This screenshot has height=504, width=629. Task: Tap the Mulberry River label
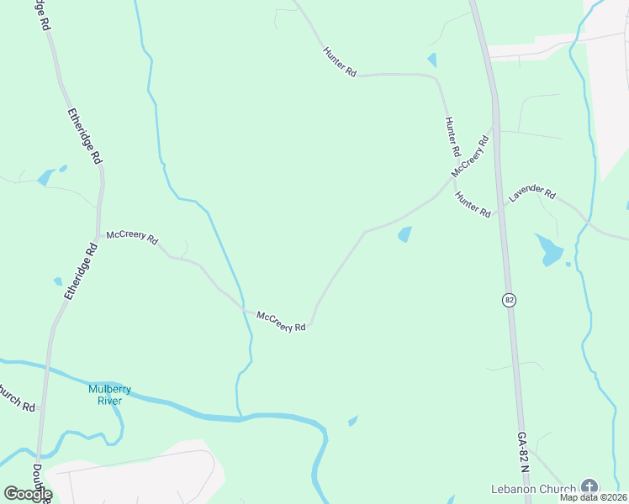click(x=106, y=394)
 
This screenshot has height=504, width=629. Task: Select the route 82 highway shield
click(x=509, y=300)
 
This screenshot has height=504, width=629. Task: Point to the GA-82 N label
click(x=524, y=453)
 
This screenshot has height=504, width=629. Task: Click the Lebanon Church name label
click(x=534, y=488)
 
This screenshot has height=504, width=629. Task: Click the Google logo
click(x=28, y=494)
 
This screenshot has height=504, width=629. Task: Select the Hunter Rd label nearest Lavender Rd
click(x=473, y=205)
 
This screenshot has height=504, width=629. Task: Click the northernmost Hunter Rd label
click(x=340, y=63)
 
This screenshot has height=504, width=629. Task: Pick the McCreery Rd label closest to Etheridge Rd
click(x=132, y=238)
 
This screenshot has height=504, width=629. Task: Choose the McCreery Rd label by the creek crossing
click(x=281, y=322)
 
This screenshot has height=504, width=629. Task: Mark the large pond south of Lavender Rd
click(x=551, y=249)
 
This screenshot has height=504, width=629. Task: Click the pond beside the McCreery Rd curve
click(x=405, y=234)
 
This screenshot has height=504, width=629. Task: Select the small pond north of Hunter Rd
click(x=432, y=60)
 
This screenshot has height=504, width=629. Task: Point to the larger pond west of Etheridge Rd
click(x=46, y=177)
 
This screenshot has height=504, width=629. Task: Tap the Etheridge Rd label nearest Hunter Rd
click(x=84, y=134)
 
